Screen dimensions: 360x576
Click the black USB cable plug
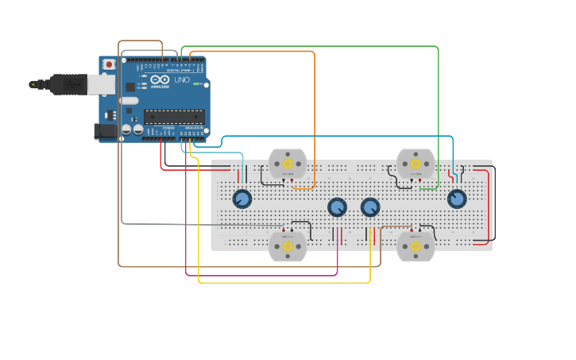click(68, 83)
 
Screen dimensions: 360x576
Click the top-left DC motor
click(287, 163)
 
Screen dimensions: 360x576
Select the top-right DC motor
click(416, 163)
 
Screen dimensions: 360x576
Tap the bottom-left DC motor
click(287, 246)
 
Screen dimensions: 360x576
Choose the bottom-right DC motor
click(416, 246)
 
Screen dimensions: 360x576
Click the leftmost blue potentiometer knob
click(242, 199)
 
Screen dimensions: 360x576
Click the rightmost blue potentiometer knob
click(457, 199)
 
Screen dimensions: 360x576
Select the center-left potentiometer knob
click(337, 207)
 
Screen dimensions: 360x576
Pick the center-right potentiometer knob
click(370, 207)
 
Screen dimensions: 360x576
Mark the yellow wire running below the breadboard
click(286, 282)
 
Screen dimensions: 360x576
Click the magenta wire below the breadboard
click(262, 275)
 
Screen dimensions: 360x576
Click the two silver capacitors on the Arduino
click(132, 129)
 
